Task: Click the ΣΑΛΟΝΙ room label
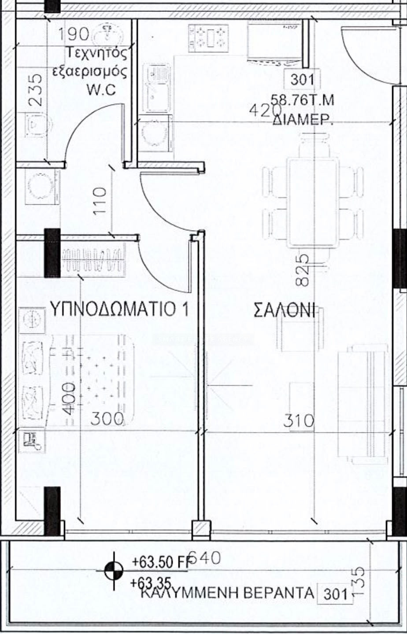tap(285, 310)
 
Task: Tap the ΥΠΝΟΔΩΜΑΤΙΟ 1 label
tap(119, 309)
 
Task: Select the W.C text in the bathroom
tap(101, 90)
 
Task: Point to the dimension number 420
tap(265, 111)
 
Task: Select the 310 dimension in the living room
tap(299, 420)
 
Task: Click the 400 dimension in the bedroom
tap(69, 398)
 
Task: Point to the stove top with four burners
tap(209, 38)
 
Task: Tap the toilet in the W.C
tap(38, 125)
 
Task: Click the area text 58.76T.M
tap(302, 100)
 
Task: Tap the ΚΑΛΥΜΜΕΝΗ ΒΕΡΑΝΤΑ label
tap(227, 593)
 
